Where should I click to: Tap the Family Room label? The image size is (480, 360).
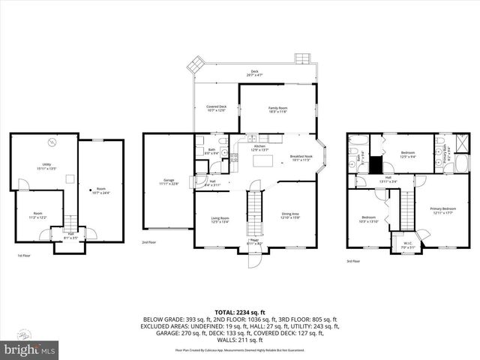tap(278, 109)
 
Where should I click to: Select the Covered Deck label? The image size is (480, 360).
tap(217, 109)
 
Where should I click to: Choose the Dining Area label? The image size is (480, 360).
tap(290, 217)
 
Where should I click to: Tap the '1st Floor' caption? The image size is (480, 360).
tap(24, 256)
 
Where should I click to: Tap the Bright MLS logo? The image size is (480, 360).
tap(30, 349)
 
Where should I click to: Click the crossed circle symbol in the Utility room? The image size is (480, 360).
tap(52, 142)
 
